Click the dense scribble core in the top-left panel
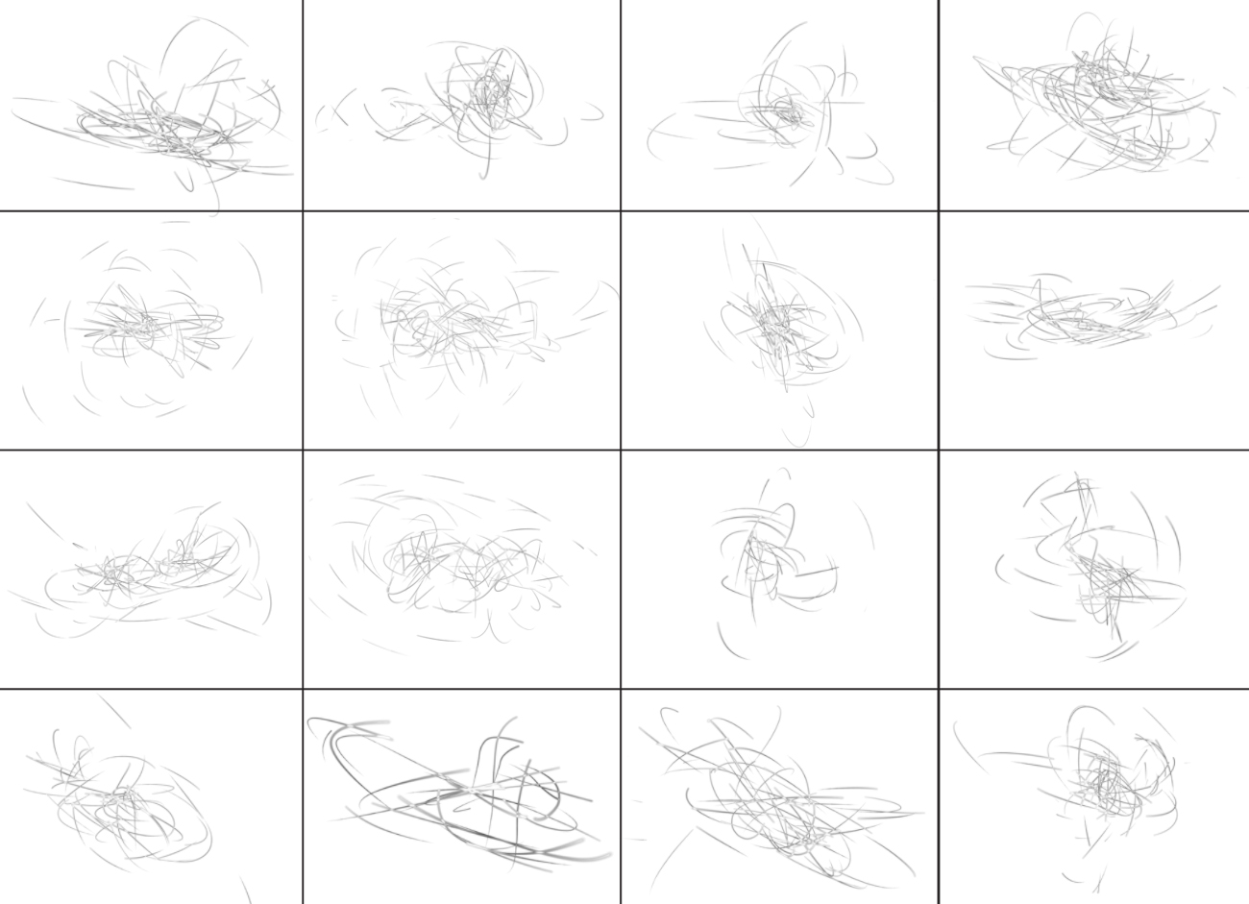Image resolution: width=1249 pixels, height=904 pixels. tap(159, 130)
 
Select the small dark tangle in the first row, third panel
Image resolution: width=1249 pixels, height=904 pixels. tap(790, 115)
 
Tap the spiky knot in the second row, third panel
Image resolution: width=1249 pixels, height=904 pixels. tap(773, 322)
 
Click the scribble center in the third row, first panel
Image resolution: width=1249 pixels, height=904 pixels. tap(144, 572)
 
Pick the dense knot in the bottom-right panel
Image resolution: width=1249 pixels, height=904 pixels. tap(1105, 783)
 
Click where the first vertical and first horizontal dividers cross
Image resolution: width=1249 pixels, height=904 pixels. tap(303, 211)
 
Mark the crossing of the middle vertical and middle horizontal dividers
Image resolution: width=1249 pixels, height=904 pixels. tap(621, 450)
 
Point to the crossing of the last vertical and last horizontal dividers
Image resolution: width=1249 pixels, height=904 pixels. tap(939, 688)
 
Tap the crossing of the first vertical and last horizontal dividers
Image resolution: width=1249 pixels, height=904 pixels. tap(303, 688)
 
